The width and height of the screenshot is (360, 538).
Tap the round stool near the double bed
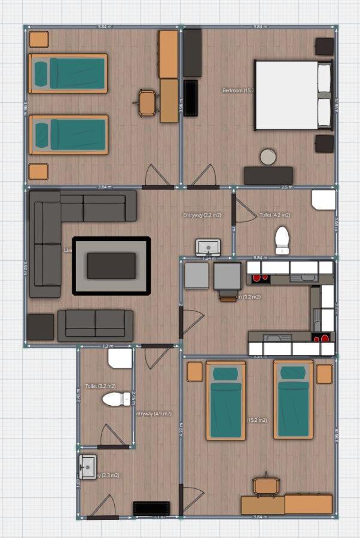(269, 157)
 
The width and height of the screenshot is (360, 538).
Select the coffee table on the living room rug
(111, 265)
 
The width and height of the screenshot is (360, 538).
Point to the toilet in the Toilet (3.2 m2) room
(116, 399)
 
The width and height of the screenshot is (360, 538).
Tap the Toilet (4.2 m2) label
(274, 215)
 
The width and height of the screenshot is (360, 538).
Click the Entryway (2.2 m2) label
(203, 215)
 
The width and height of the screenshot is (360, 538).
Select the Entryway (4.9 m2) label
(154, 414)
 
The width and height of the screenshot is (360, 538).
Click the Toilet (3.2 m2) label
(100, 387)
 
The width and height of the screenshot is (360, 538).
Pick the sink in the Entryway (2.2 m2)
(208, 247)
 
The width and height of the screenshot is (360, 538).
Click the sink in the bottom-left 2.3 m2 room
(87, 463)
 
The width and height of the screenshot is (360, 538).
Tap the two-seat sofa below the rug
(96, 325)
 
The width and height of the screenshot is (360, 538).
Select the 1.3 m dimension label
(108, 346)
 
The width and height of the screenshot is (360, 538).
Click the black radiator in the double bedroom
(191, 98)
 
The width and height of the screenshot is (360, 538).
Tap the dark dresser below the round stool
(269, 175)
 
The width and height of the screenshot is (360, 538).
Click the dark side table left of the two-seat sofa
(41, 327)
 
